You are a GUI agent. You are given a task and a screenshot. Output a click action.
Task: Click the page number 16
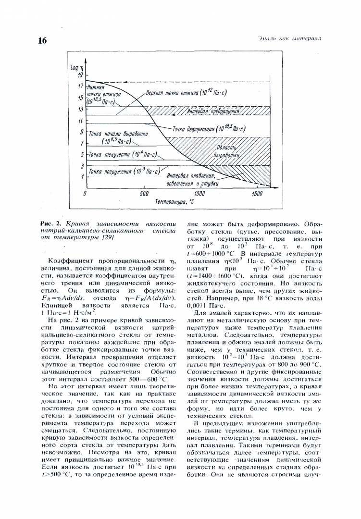pos(42,40)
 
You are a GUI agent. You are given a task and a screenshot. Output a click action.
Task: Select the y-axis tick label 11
pos(80,121)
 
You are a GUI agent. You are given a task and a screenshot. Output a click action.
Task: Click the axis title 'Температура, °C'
pos(174,203)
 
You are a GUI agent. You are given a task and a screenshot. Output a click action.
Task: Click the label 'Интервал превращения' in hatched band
pos(213,111)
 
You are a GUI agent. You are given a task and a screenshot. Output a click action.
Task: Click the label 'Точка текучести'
pos(115,155)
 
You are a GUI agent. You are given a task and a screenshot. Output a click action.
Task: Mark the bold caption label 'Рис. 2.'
pos(51,224)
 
